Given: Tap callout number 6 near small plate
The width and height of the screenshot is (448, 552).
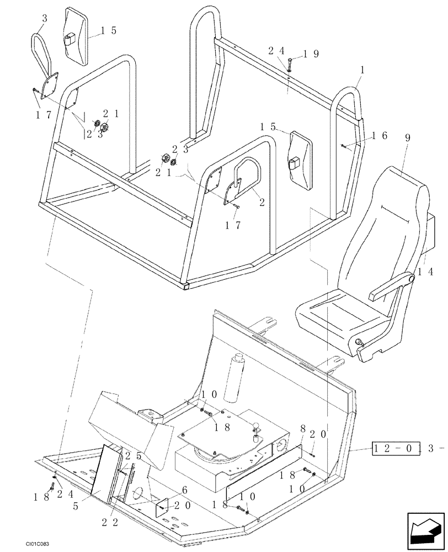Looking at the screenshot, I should pos(184,490).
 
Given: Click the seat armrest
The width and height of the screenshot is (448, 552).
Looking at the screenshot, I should pos(393,285).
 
